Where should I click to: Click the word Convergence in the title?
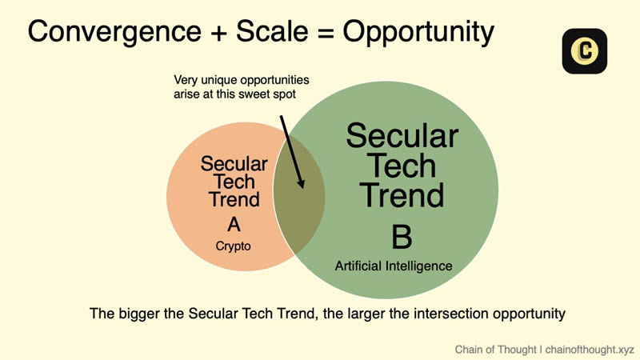pos(114,32)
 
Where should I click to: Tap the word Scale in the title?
pos(272,31)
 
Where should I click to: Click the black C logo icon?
pos(585,51)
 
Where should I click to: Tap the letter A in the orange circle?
pos(234,225)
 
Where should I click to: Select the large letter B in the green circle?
pos(402,236)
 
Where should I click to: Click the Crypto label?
pos(233,246)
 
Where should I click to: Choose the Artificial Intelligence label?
pos(394,266)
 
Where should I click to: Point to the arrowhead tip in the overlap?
pos(302,188)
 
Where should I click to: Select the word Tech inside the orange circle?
pos(234,182)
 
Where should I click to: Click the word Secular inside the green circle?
pos(402,136)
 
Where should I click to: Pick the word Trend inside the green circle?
pos(402,195)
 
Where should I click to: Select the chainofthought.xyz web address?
pos(590,350)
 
